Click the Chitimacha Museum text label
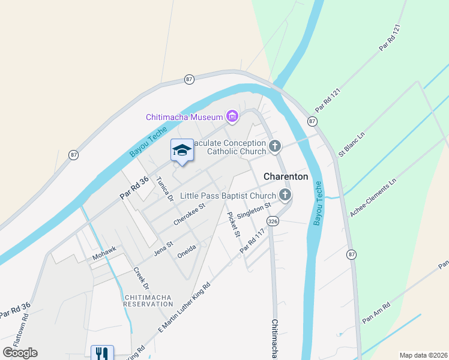coord(184,116)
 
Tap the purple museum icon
coord(232,116)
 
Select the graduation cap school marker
coord(182,150)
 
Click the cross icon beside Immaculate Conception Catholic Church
coord(275,146)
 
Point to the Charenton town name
coord(286,177)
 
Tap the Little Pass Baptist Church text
coord(228,196)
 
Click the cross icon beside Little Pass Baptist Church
coord(285,194)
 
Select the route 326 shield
coord(273,221)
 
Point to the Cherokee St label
coord(189,214)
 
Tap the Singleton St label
coord(255,211)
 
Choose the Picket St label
coord(233,224)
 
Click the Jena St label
coord(163,246)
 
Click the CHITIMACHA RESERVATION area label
coord(148,301)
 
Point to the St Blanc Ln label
coord(352,145)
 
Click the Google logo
coord(20,353)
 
